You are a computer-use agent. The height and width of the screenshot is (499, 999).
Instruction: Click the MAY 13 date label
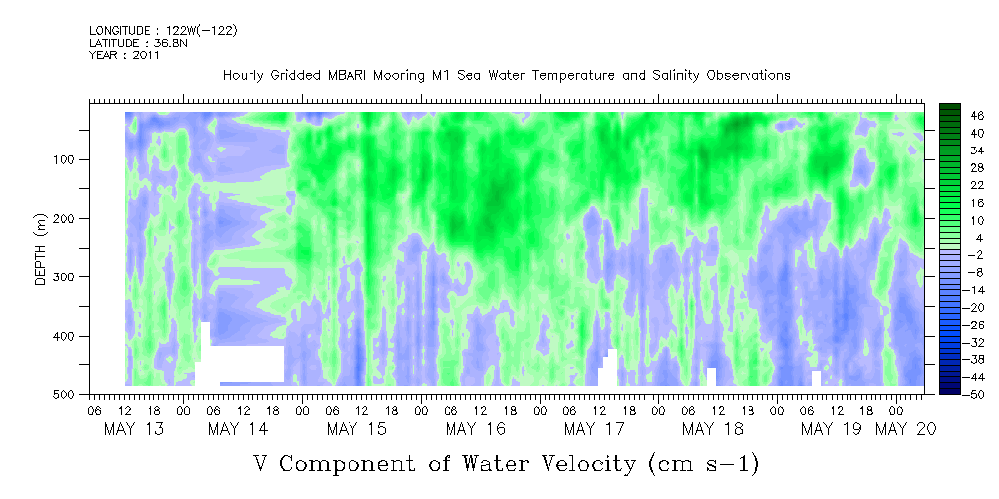coord(134,429)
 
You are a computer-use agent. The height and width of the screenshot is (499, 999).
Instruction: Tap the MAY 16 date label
coord(476,429)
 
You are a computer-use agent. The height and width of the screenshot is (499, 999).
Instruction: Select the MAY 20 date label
coord(905,429)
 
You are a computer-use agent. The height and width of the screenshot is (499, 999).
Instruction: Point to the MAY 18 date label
coord(713,429)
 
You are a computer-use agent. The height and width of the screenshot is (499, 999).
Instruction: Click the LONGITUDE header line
coord(163,31)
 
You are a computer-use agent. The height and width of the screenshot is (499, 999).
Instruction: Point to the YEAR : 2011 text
coord(125,55)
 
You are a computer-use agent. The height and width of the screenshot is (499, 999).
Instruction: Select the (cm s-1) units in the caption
coord(703,464)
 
